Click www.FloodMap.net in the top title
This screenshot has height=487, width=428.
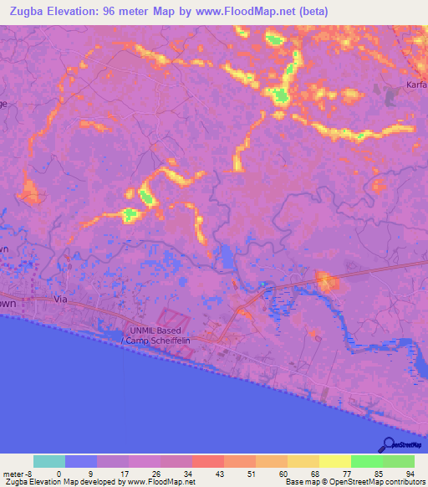[x=254, y=11]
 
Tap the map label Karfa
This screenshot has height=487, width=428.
[x=416, y=85]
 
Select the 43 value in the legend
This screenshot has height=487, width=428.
[x=207, y=474]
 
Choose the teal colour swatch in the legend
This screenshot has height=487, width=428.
[x=49, y=461]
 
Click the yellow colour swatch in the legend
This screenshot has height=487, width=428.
[x=335, y=461]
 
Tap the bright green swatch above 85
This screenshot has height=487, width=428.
[x=366, y=461]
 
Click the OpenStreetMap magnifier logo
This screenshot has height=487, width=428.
[x=386, y=444]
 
